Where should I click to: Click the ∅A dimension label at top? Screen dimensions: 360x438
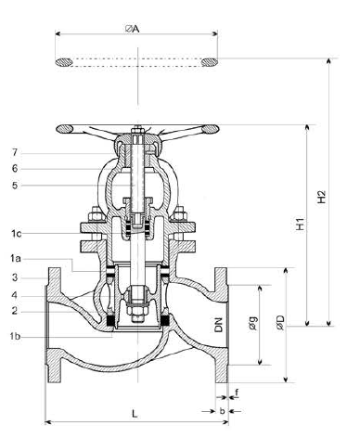point(132,29)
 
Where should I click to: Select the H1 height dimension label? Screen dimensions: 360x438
point(300,224)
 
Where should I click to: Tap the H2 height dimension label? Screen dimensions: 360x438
point(322,197)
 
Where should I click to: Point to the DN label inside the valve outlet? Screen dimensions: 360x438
point(218,325)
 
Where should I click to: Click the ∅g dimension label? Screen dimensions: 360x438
point(253,323)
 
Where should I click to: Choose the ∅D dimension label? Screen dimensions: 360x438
point(280,322)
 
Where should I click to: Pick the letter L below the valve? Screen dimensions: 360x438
point(135,413)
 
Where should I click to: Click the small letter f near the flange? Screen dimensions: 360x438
point(237,393)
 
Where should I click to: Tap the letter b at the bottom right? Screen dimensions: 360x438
point(222,411)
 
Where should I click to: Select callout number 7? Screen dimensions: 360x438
point(15,152)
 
